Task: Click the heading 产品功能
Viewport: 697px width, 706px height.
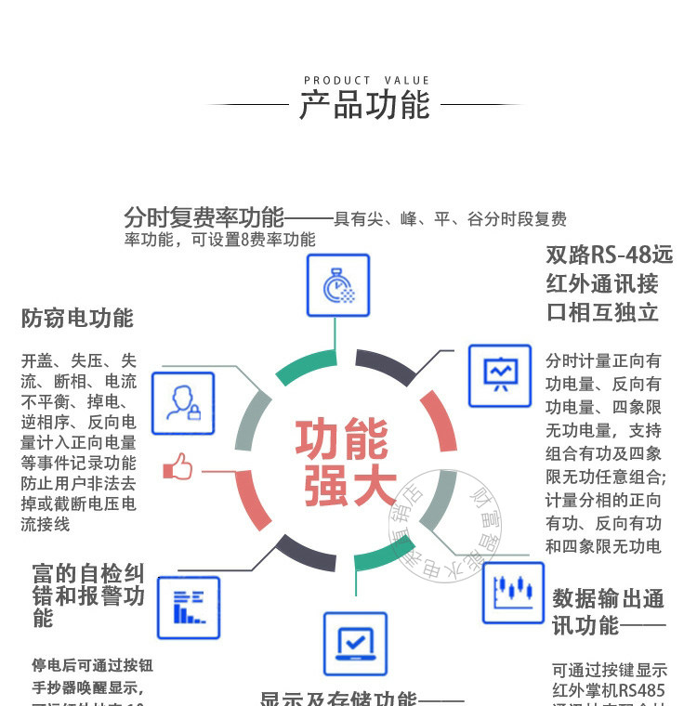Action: coord(364,105)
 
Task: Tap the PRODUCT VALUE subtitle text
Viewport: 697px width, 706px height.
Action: coord(366,81)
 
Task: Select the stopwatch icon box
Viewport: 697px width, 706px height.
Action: coord(338,285)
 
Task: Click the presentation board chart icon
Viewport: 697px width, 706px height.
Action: coord(499,375)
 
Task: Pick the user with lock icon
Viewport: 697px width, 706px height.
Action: coord(182,403)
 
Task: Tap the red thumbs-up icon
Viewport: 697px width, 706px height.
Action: coord(178,467)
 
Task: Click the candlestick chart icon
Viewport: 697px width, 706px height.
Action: coord(513,592)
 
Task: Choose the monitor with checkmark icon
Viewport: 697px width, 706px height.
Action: coord(354,643)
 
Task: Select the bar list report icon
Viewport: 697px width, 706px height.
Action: coord(189,608)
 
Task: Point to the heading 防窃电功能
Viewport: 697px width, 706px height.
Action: coord(77,319)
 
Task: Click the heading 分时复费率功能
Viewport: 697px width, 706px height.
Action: coord(204,218)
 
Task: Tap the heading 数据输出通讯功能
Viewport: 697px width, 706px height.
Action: coord(608,611)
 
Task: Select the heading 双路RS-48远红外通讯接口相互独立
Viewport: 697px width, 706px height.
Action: coord(608,282)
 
